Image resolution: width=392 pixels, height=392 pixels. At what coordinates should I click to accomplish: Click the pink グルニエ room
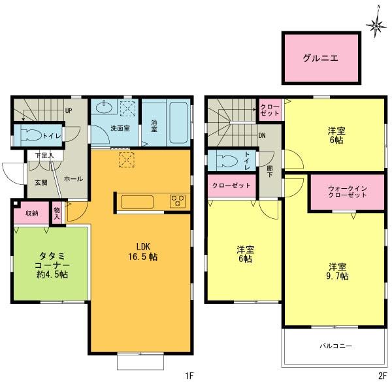(320, 57)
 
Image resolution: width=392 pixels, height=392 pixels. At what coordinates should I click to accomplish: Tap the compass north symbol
(375, 25)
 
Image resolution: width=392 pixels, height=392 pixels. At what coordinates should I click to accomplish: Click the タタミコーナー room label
(50, 264)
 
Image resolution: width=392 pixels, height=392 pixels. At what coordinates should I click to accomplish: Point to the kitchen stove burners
(178, 201)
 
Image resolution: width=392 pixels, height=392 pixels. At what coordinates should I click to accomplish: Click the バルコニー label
(336, 345)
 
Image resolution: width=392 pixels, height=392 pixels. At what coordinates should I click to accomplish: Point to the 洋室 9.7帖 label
(338, 271)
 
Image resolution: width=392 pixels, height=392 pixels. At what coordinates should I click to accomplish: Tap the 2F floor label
(381, 376)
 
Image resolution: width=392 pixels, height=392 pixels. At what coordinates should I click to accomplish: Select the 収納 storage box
(31, 213)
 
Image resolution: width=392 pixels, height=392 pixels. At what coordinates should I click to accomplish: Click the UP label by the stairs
(68, 110)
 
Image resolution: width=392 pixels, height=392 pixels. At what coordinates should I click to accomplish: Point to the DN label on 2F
(262, 136)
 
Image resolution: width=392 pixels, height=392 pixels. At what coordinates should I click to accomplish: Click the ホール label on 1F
(73, 178)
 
